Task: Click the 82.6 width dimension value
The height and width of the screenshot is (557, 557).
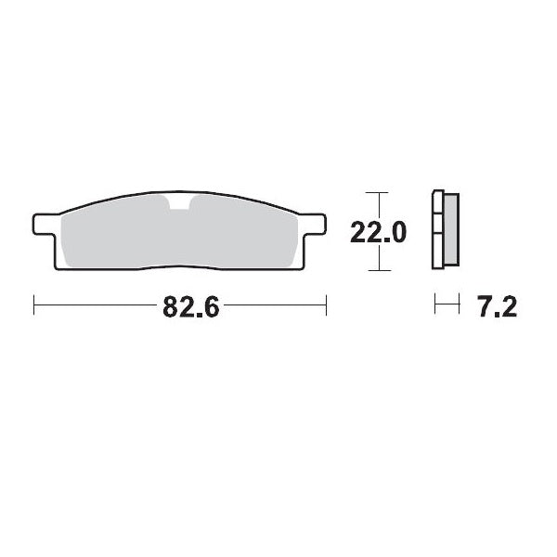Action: (190, 307)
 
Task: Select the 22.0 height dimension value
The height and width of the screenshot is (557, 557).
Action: (377, 232)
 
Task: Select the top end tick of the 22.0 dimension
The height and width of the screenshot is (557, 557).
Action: (374, 193)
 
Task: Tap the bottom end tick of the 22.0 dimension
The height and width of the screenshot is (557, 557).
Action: (374, 270)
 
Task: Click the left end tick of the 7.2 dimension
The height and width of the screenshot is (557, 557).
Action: (434, 304)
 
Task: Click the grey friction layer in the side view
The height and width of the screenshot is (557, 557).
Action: (451, 231)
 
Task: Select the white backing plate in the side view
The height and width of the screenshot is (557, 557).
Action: (438, 231)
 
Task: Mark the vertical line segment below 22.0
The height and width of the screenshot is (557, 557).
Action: (374, 259)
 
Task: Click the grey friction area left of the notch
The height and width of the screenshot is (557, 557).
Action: (111, 237)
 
